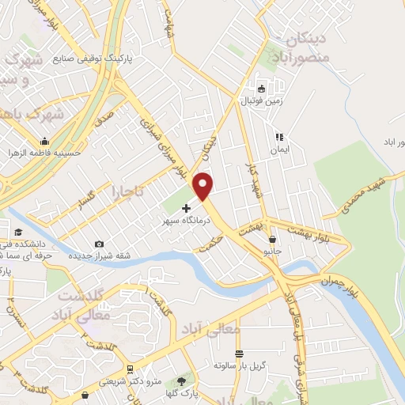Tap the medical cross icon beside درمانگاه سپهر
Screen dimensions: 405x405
click(x=186, y=209)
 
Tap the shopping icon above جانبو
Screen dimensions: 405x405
click(x=273, y=239)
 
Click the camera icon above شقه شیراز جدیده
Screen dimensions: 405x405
click(x=98, y=244)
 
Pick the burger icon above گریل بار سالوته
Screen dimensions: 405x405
click(x=239, y=354)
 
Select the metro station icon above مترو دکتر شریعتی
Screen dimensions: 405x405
click(x=129, y=369)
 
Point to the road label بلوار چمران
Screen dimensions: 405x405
click(x=339, y=282)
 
